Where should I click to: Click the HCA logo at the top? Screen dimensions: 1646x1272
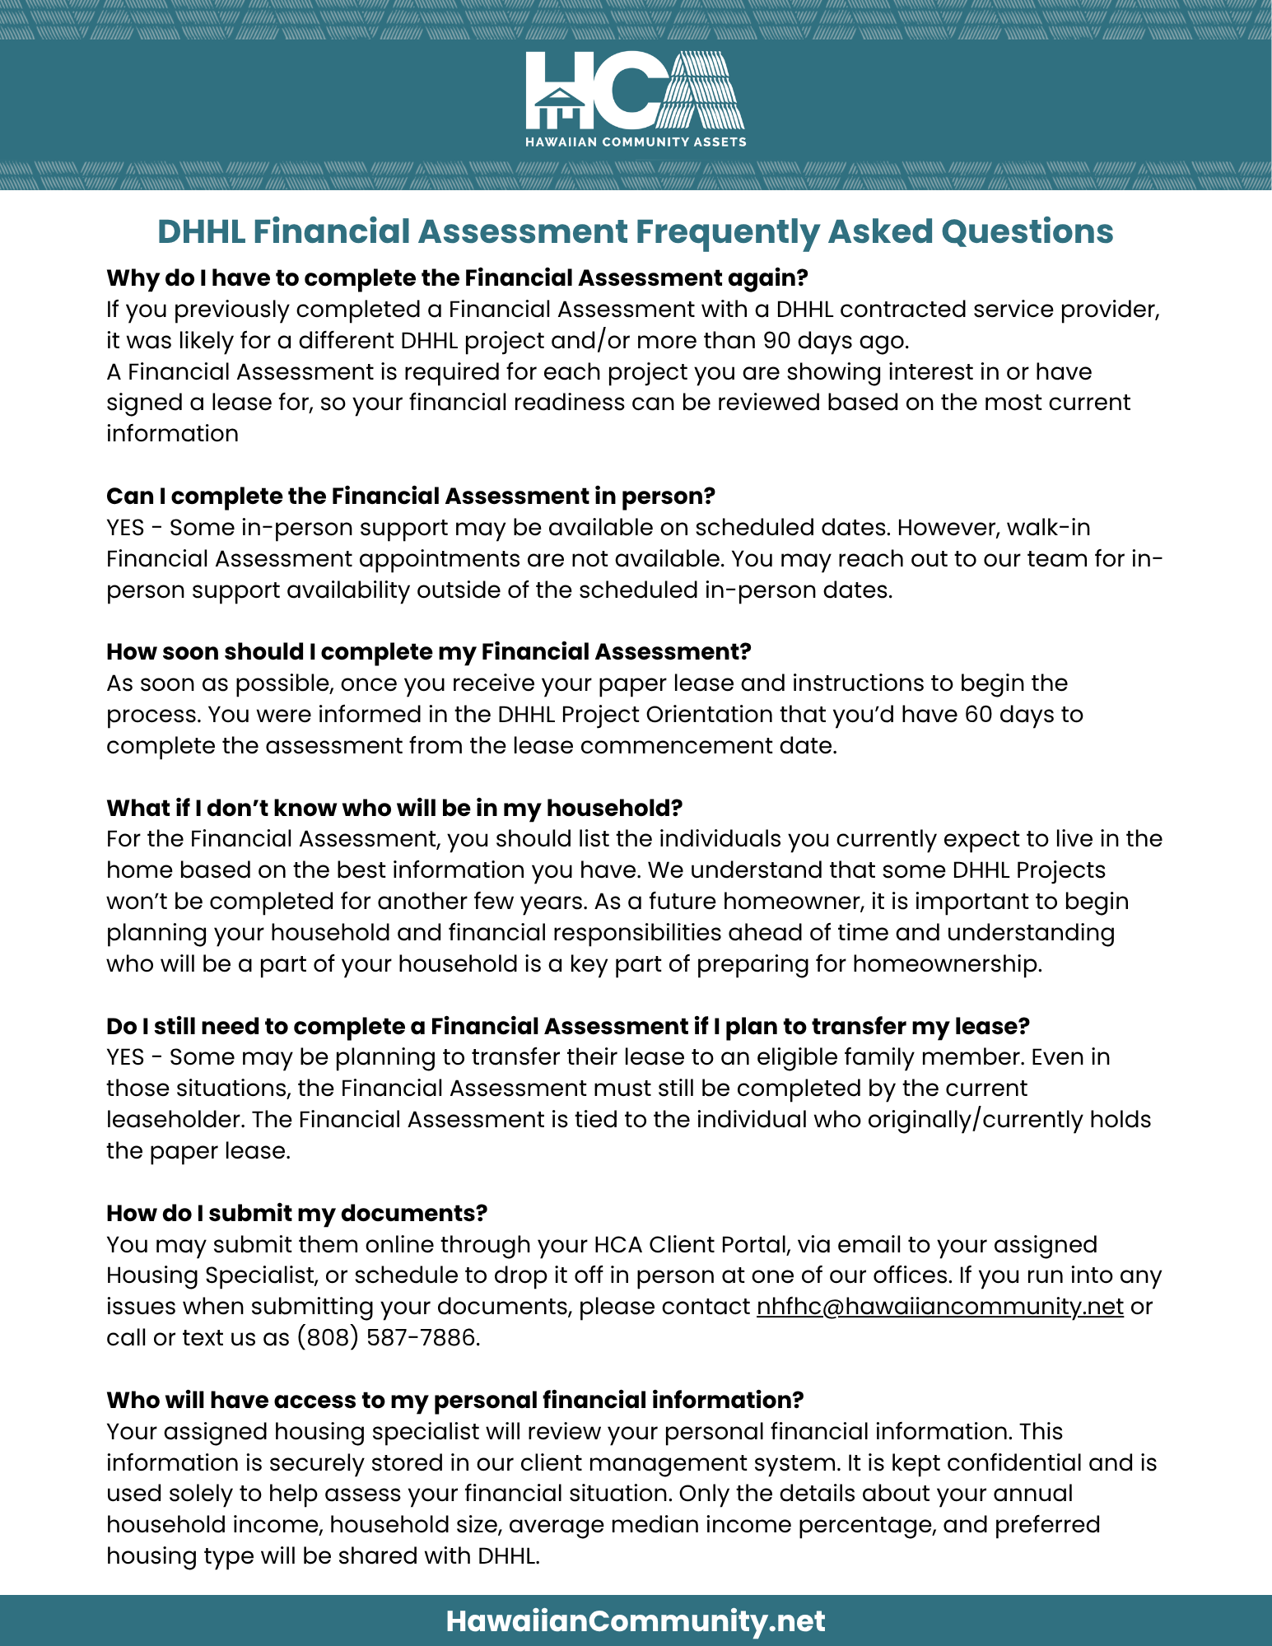635,91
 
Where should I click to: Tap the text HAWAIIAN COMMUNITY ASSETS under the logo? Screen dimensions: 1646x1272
636,142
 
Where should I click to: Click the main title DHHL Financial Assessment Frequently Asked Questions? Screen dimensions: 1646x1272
635,231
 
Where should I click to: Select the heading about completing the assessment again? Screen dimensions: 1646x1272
457,278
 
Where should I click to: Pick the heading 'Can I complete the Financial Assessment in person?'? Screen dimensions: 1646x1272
410,496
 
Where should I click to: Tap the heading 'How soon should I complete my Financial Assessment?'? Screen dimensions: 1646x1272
428,652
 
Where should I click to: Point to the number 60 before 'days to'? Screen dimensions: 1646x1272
979,714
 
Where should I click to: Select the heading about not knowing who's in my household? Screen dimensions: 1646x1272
394,808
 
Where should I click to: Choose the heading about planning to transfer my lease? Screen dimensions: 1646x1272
568,1026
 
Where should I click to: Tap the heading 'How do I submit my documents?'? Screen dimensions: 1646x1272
296,1213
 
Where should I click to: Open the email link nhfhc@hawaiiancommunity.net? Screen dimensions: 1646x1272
939,1307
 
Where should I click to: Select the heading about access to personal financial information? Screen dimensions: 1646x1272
454,1400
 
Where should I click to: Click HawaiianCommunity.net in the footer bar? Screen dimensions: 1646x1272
635,1620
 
